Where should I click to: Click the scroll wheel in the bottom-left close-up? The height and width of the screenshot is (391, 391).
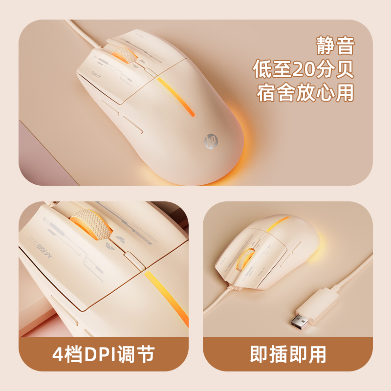coord(89,228)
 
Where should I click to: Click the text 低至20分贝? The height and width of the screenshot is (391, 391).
coord(304,70)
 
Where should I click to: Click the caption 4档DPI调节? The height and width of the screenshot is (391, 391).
coord(103,354)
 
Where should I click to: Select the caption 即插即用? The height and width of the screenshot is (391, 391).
coord(288,354)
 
